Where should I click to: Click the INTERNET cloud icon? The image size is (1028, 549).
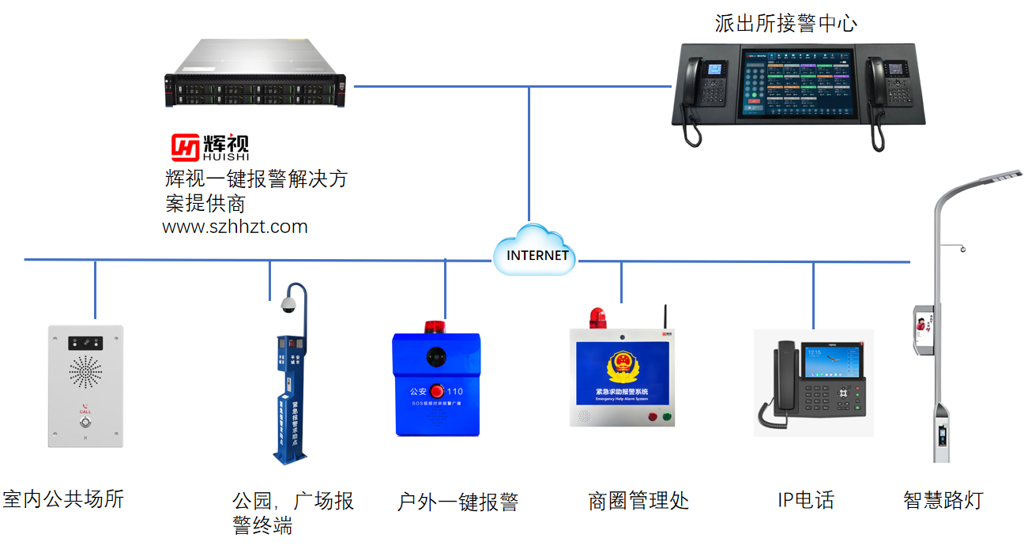(x=535, y=251)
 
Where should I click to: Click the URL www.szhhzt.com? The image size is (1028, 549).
(x=235, y=227)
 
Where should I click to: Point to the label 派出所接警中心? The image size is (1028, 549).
(x=785, y=23)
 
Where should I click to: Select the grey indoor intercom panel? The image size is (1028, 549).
(x=85, y=385)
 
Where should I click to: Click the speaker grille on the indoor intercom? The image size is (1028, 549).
(x=85, y=371)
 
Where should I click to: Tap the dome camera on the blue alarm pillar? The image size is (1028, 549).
(x=288, y=305)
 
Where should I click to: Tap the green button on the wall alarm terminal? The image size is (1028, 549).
(x=666, y=416)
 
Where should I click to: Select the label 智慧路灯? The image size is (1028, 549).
(x=943, y=500)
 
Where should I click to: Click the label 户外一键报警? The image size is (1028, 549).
(x=458, y=502)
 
